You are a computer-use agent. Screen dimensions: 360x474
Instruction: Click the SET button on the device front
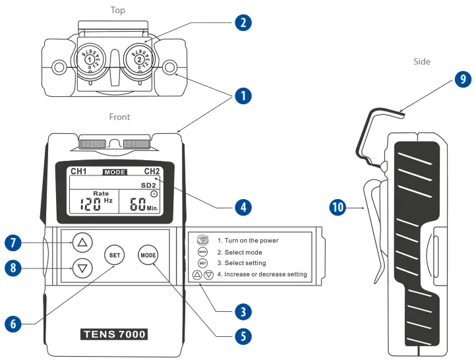click(x=114, y=255)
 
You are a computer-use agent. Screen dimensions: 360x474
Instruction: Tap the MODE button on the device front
click(x=148, y=255)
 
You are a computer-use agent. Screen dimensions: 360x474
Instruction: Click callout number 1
click(x=243, y=96)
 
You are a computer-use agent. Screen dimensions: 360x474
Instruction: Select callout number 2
click(x=243, y=22)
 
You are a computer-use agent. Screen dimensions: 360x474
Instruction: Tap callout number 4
click(x=243, y=206)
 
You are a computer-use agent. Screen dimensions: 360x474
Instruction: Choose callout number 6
click(x=13, y=323)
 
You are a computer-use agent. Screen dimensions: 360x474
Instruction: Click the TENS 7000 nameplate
click(x=114, y=334)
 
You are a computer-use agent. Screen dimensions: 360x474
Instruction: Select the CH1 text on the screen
click(x=79, y=171)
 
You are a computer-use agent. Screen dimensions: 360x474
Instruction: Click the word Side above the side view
click(x=422, y=61)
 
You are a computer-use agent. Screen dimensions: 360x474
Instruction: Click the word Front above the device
click(x=119, y=117)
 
